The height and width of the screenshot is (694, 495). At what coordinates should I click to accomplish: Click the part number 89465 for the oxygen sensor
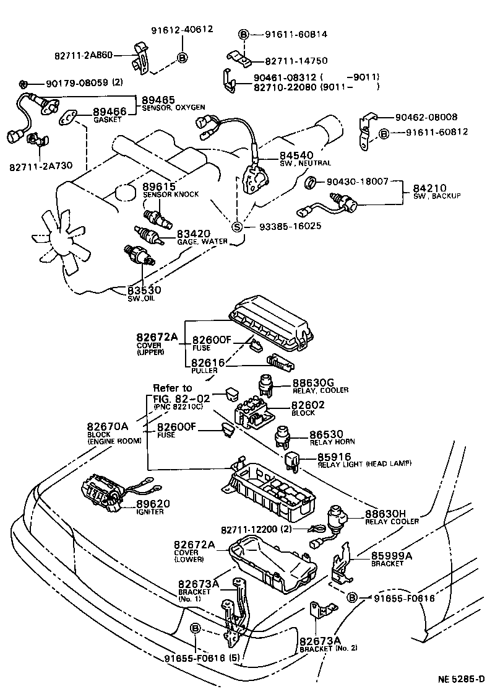click(158, 100)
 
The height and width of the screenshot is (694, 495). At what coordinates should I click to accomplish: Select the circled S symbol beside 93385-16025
click(237, 226)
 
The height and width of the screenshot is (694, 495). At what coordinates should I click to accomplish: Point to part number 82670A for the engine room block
click(108, 426)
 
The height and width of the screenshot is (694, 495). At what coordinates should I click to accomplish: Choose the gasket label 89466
click(109, 112)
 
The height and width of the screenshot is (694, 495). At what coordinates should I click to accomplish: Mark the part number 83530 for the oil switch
click(144, 289)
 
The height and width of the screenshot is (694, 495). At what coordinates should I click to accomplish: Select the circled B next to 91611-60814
click(244, 35)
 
